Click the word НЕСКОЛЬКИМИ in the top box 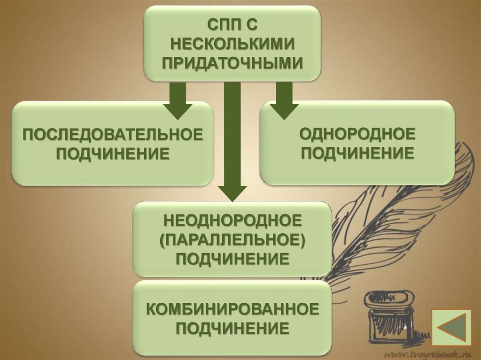click(x=232, y=43)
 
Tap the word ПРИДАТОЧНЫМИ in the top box click(x=232, y=63)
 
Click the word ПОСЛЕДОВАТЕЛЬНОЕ click(x=113, y=135)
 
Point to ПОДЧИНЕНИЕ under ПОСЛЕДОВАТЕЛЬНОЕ click(x=113, y=153)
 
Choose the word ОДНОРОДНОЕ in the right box click(x=358, y=135)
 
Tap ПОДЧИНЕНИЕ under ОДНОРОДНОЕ click(x=358, y=153)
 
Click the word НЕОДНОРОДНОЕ click(x=232, y=220)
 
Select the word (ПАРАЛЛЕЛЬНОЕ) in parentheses click(x=232, y=239)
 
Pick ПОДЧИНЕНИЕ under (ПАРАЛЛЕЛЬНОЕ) click(x=232, y=259)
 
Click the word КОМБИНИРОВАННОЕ click(x=232, y=310)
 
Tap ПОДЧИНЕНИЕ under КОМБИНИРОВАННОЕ click(x=232, y=329)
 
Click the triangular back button click(x=451, y=328)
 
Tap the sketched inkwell click(x=390, y=314)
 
